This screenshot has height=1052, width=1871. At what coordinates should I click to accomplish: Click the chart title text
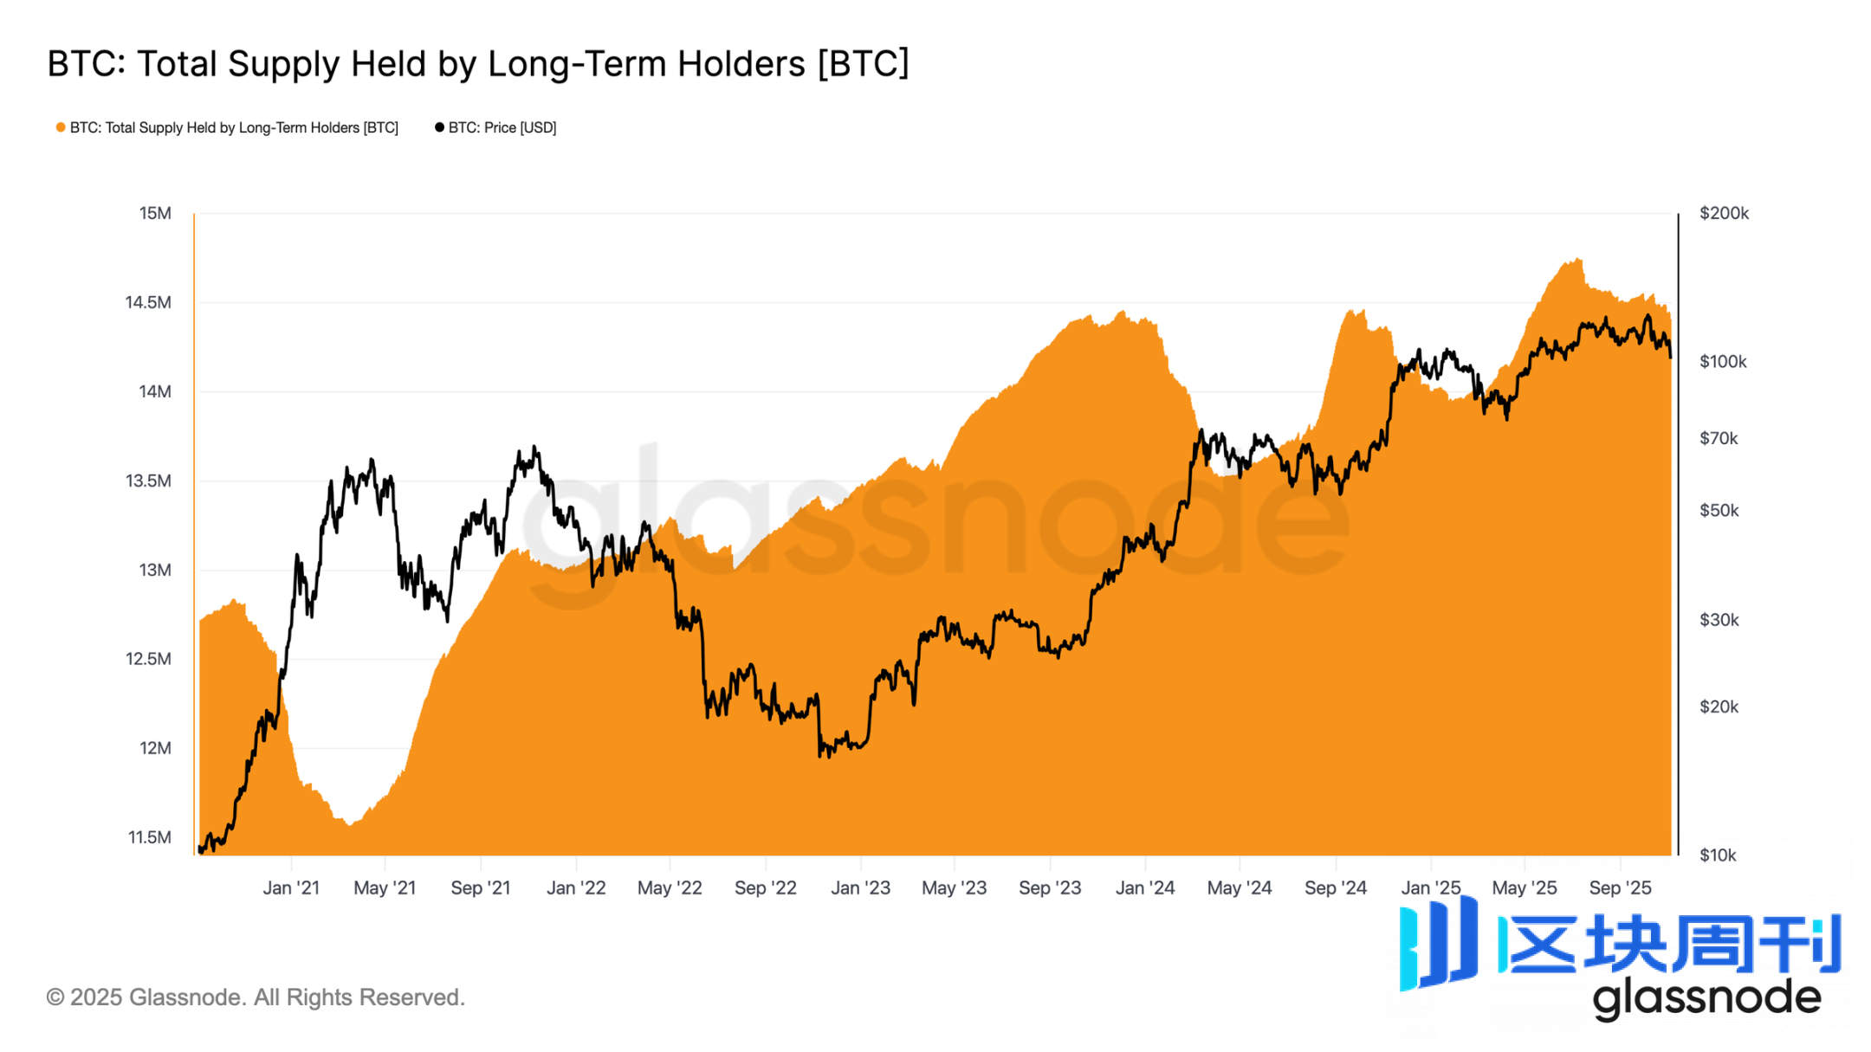tap(477, 64)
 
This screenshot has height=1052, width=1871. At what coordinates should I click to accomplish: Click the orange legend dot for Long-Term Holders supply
tap(61, 127)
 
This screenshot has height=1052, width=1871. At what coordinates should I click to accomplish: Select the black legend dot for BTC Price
tap(439, 127)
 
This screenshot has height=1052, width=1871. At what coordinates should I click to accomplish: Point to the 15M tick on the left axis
tap(155, 213)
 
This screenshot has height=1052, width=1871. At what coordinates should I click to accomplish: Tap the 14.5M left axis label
tap(148, 302)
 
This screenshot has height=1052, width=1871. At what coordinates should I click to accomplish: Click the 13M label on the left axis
tap(155, 570)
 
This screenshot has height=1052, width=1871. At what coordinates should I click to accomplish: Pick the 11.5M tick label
tap(150, 837)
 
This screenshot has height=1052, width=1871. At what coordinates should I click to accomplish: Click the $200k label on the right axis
tap(1724, 213)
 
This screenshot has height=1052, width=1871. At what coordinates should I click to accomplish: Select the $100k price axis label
tap(1723, 362)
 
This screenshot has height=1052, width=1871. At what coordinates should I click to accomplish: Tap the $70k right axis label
tap(1719, 438)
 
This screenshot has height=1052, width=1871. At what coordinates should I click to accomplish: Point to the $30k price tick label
tap(1719, 620)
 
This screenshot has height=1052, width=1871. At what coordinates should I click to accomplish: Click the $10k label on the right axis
tap(1718, 855)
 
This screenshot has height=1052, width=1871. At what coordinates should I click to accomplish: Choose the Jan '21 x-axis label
tap(291, 887)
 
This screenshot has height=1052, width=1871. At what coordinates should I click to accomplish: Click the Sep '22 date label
tap(765, 887)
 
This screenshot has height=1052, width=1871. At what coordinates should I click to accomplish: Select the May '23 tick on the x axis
tap(954, 887)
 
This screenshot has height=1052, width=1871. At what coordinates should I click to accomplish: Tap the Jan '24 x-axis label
tap(1144, 887)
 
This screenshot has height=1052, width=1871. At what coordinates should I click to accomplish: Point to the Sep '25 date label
tap(1620, 887)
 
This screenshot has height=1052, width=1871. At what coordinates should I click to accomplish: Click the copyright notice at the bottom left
tap(256, 997)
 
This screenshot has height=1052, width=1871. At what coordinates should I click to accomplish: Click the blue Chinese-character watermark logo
tap(1620, 944)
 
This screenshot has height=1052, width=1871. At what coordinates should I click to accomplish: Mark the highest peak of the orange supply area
tap(1579, 259)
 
